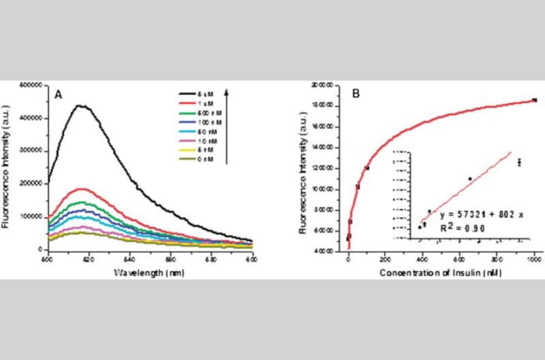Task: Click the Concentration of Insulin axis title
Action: pyautogui.click(x=440, y=273)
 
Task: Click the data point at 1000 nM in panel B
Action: pyautogui.click(x=534, y=100)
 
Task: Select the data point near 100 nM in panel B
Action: pyautogui.click(x=366, y=168)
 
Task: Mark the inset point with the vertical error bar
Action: pyautogui.click(x=519, y=162)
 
